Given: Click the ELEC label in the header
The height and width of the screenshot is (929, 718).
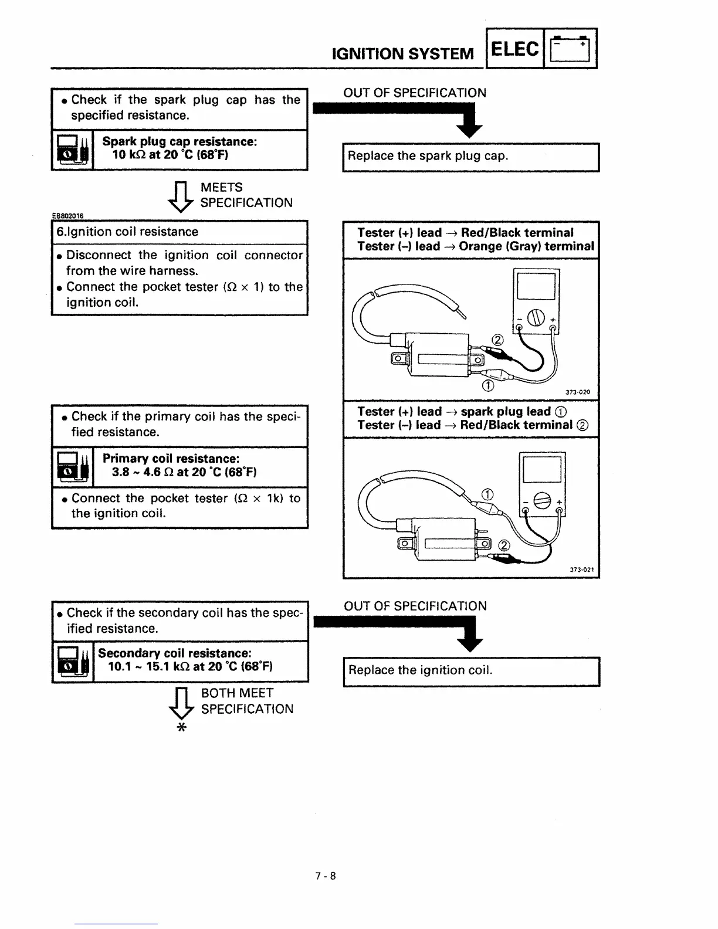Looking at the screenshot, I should pos(514,49).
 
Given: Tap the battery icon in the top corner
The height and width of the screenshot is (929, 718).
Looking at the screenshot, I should pos(571,49).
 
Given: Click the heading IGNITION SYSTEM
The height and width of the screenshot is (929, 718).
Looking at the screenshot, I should pos(402,54).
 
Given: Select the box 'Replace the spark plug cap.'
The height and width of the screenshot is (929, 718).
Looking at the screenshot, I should pos(470,157).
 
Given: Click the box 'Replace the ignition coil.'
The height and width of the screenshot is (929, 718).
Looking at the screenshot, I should pos(470,671).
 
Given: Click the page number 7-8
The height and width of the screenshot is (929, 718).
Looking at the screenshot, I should pos(326,876).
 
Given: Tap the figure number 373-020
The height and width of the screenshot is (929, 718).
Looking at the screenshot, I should pos(578,392).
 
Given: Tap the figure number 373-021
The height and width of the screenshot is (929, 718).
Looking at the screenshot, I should pos(582,569).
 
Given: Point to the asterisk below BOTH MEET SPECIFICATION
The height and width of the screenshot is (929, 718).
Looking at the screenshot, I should pos(181,728).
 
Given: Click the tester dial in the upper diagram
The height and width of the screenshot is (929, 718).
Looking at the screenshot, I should pos(536,318).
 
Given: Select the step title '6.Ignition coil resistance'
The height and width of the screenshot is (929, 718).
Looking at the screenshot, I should pos(127,232).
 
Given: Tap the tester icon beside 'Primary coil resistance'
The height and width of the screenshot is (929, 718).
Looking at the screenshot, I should pos(73,467).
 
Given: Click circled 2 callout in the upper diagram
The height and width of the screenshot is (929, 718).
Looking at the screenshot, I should pos(497,340).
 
